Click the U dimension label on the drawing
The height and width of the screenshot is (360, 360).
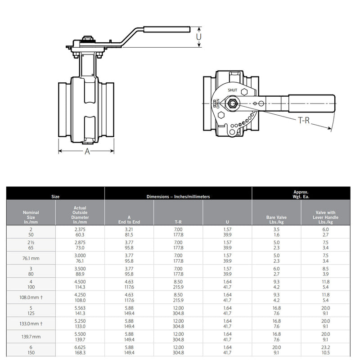pyautogui.click(x=199, y=36)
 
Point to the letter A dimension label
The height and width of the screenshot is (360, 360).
pyautogui.click(x=88, y=152)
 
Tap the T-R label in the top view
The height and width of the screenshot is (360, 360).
pyautogui.click(x=304, y=121)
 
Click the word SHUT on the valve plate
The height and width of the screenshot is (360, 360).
pyautogui.click(x=232, y=90)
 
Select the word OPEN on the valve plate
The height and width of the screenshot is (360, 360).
pyautogui.click(x=218, y=104)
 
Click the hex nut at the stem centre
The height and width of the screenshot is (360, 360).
pyautogui.click(x=233, y=104)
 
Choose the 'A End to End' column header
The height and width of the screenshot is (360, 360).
pyautogui.click(x=129, y=220)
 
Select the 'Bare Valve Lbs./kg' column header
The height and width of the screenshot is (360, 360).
pyautogui.click(x=276, y=220)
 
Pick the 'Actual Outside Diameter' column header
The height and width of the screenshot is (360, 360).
pyautogui.click(x=80, y=215)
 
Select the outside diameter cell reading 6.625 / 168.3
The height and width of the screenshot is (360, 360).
pyautogui.click(x=80, y=350)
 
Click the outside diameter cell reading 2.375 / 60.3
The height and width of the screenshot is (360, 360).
pyautogui.click(x=80, y=232)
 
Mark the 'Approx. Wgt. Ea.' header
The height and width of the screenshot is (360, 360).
pyautogui.click(x=301, y=193)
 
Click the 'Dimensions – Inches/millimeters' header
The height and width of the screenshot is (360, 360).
pyautogui.click(x=178, y=197)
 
